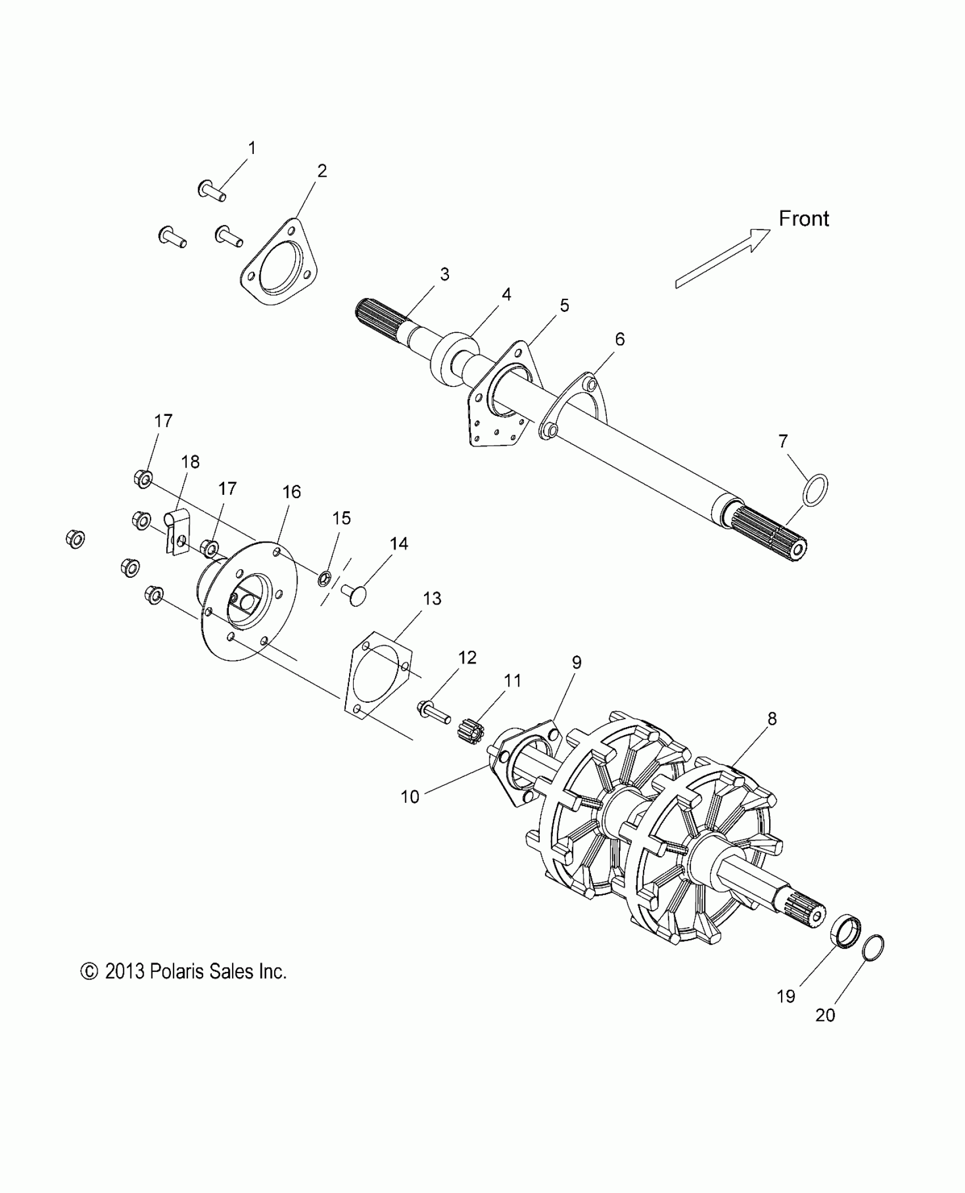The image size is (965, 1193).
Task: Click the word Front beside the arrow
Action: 803,219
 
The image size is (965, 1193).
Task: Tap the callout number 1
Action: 252,148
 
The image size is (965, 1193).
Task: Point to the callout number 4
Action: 506,294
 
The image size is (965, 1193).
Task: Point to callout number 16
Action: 292,491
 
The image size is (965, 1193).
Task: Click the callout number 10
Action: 410,797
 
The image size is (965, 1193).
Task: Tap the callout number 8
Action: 771,719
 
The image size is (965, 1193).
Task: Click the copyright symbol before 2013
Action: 90,972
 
